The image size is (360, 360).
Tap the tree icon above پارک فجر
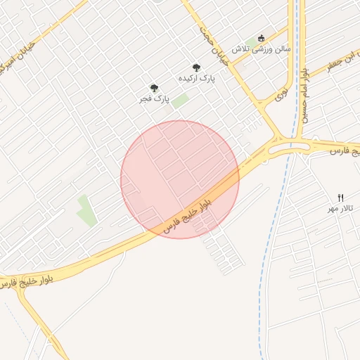[154, 88]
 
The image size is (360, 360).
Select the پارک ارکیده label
[196, 78]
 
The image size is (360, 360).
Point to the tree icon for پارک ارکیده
[196, 67]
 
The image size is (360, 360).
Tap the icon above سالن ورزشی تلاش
[262, 37]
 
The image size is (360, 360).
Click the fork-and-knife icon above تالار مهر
[341, 197]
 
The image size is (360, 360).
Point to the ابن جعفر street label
[340, 62]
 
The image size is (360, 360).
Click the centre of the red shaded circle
[180, 179]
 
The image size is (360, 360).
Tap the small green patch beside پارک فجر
[180, 101]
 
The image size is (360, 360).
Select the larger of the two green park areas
[87, 210]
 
